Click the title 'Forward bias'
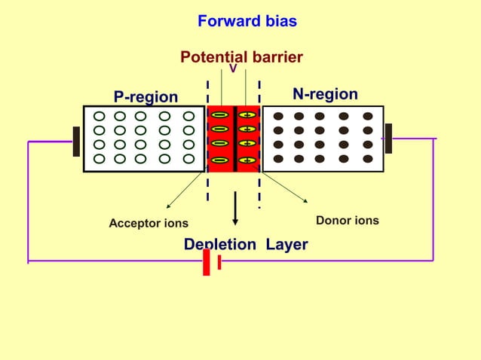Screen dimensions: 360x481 [247, 21]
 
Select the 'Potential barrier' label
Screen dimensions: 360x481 [241, 57]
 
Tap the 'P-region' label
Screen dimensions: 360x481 [146, 97]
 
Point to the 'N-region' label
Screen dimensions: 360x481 [325, 94]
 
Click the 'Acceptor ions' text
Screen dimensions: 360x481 [149, 224]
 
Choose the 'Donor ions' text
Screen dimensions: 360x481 [347, 221]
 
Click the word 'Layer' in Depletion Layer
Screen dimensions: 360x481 [286, 245]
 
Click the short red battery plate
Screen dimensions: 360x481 [219, 262]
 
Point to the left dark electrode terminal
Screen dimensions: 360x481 [76, 141]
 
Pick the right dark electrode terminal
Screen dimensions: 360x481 [388, 139]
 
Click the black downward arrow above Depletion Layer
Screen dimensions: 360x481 [235, 208]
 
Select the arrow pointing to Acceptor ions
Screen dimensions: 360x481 [184, 191]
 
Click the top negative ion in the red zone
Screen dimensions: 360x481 [219, 115]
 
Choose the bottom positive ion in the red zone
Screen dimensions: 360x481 [247, 160]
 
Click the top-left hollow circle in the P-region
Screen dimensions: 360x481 [99, 116]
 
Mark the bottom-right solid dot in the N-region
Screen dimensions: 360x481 [367, 159]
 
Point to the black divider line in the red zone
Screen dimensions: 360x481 [235, 139]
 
